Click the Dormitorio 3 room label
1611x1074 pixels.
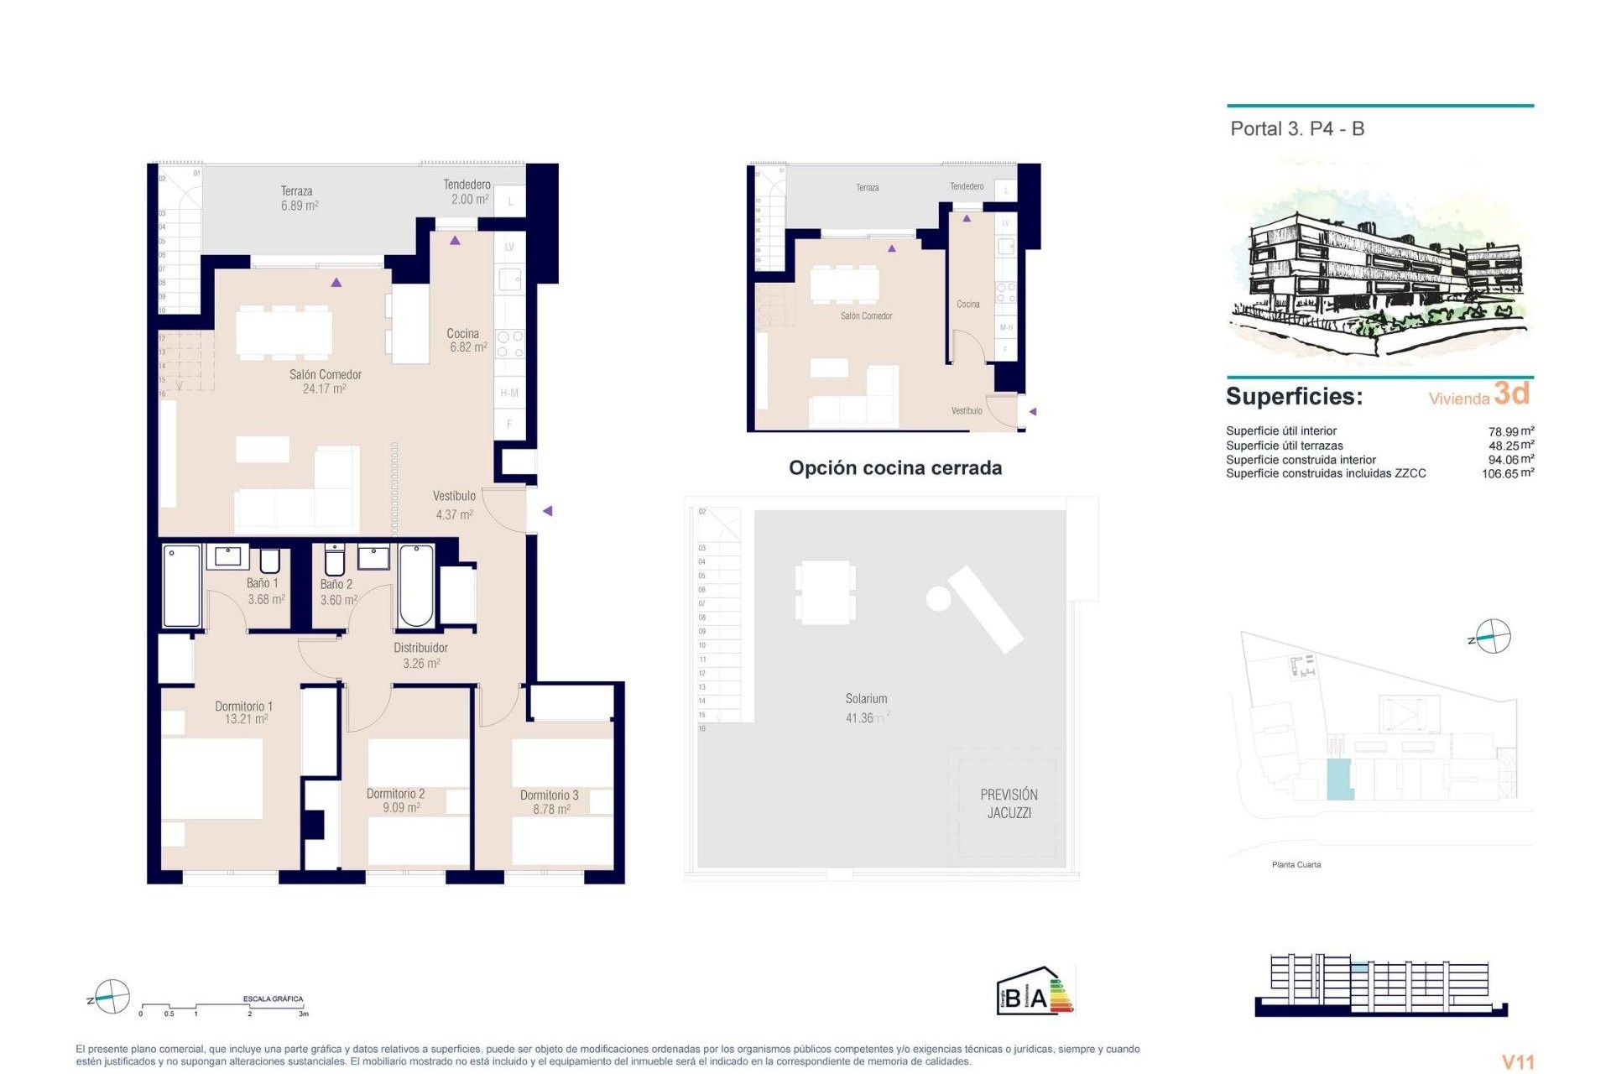[549, 795]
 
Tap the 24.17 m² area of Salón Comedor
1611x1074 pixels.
[324, 389]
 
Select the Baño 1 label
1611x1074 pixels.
[262, 583]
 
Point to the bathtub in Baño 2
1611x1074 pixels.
[416, 586]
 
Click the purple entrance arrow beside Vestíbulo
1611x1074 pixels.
[547, 511]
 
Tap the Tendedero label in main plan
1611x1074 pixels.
[467, 185]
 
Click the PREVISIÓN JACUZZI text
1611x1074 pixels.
[1009, 803]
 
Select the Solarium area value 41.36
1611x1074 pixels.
[860, 718]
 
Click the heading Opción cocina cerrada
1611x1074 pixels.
[894, 468]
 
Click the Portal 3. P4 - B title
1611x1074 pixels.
[1296, 129]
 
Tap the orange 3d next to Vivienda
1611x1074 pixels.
[1512, 393]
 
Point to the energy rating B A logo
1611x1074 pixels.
[1034, 993]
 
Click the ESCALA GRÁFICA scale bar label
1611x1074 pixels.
[273, 998]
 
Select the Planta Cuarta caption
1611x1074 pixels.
[1296, 864]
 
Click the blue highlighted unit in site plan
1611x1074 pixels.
[1338, 779]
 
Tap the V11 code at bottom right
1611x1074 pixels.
[1517, 1062]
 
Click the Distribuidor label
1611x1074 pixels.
[420, 648]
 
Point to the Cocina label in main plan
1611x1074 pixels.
[462, 334]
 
